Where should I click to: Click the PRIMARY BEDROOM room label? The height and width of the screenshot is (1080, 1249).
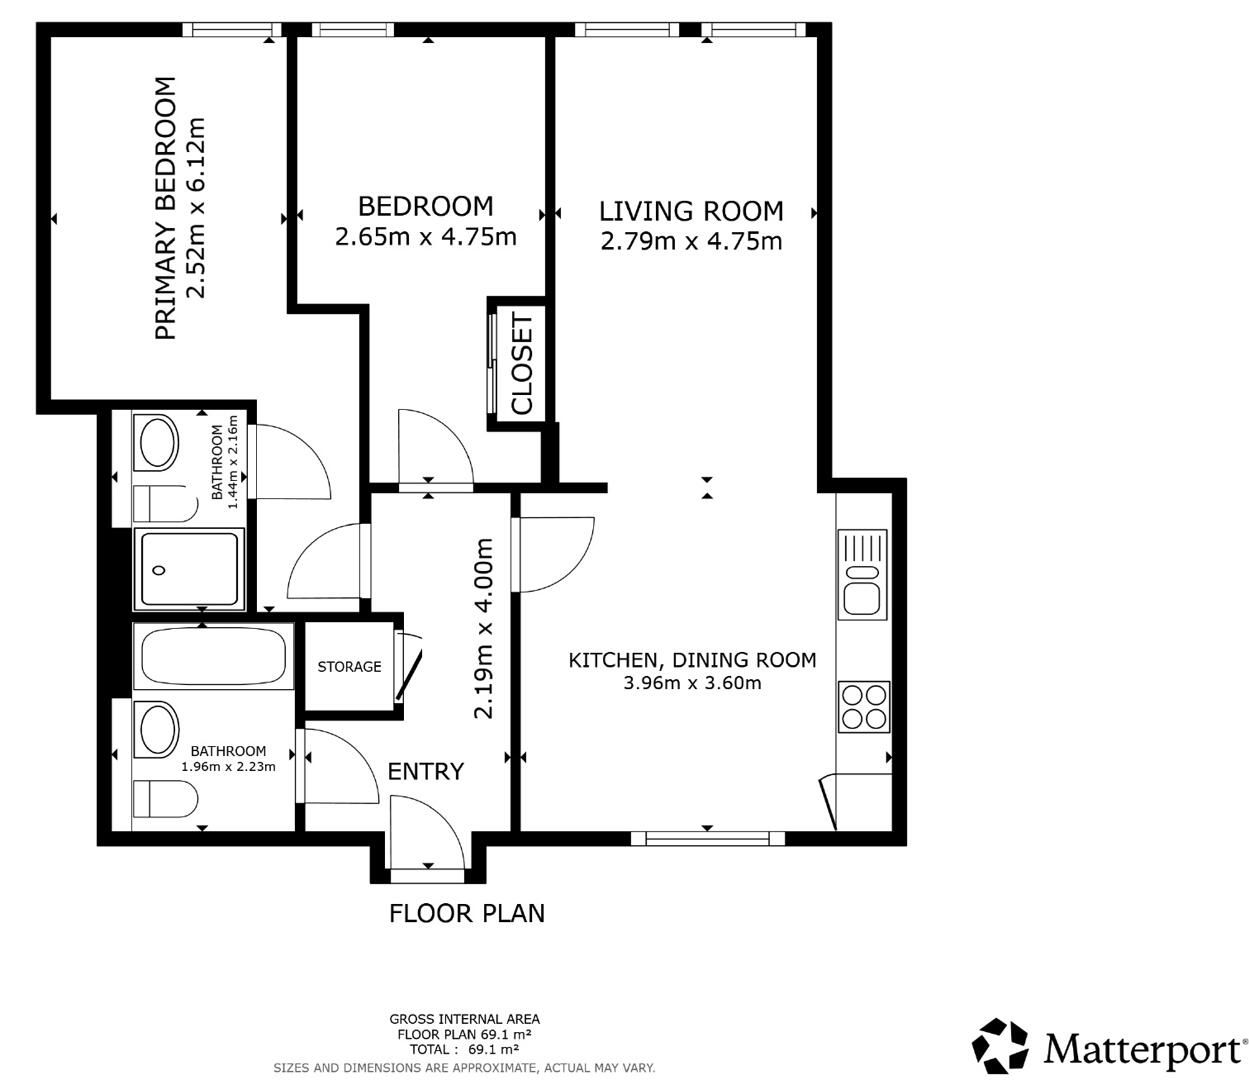pyautogui.click(x=166, y=208)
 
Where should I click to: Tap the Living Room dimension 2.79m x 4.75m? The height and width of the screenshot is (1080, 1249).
pyautogui.click(x=691, y=241)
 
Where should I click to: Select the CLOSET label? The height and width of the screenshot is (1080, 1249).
pyautogui.click(x=522, y=363)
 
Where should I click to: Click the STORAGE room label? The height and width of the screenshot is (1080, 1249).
pyautogui.click(x=349, y=667)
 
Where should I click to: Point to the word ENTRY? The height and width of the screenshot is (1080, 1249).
pyautogui.click(x=425, y=771)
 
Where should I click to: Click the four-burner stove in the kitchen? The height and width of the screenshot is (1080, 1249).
pyautogui.click(x=864, y=706)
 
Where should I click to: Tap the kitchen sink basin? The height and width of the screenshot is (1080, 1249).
pyautogui.click(x=862, y=598)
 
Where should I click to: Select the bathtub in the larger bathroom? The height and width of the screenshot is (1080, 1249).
pyautogui.click(x=212, y=657)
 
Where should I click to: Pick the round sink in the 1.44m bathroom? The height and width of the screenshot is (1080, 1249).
pyautogui.click(x=158, y=444)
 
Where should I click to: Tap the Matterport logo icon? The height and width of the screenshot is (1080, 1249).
pyautogui.click(x=1001, y=1046)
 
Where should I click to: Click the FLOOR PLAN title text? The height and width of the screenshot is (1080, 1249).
pyautogui.click(x=467, y=913)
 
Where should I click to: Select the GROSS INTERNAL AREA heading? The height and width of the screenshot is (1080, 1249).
pyautogui.click(x=464, y=1019)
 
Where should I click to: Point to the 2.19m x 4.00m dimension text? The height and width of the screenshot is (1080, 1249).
pyautogui.click(x=484, y=628)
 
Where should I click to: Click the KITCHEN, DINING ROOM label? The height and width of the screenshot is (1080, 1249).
pyautogui.click(x=692, y=660)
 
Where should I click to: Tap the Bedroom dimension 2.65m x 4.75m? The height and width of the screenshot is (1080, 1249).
pyautogui.click(x=425, y=237)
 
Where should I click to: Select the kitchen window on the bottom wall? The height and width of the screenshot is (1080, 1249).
pyautogui.click(x=708, y=838)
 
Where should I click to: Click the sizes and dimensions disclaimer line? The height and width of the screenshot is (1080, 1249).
pyautogui.click(x=464, y=1068)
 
